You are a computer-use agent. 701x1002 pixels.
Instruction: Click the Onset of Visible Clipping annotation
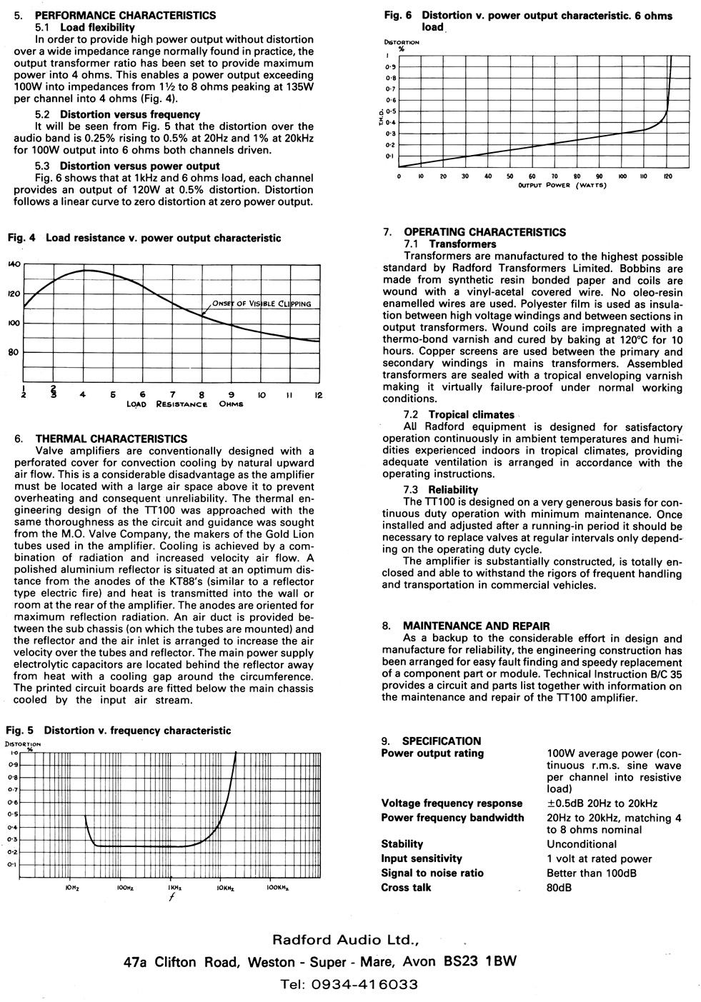pos(261,304)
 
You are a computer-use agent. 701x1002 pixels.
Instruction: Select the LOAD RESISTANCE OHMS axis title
pos(184,404)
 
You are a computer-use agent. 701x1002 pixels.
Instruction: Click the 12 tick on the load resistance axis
pos(319,395)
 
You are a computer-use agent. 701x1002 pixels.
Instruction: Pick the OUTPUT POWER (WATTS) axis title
pos(562,186)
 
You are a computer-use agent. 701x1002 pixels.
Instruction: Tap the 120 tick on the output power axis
pos(666,176)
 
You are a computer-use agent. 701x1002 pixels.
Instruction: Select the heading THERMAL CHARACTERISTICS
pos(111,439)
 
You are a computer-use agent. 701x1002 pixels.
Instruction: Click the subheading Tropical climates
pos(471,414)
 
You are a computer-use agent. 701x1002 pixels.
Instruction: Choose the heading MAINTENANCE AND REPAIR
pos(477,626)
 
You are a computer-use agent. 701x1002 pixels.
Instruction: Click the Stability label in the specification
pos(402,843)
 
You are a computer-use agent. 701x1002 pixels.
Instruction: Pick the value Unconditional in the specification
pos(582,843)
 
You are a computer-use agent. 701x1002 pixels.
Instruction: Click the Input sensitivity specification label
pos(422,858)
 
